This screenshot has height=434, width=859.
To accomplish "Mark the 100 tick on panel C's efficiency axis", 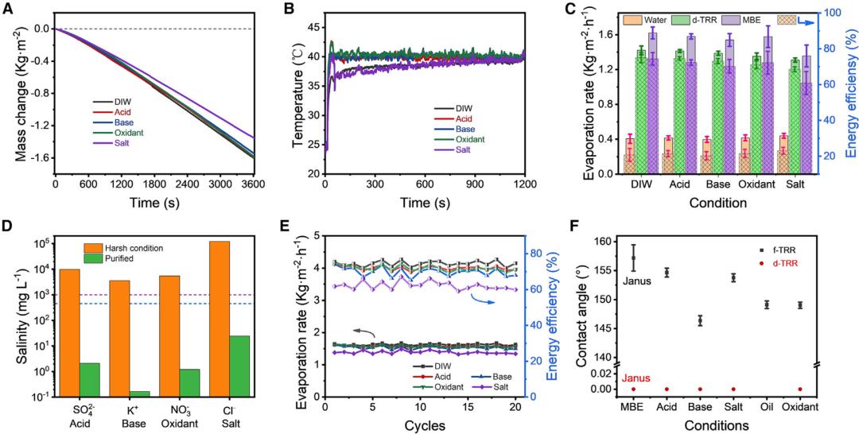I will click(x=824, y=13).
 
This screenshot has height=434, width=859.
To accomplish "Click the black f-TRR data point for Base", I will click(x=701, y=321).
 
